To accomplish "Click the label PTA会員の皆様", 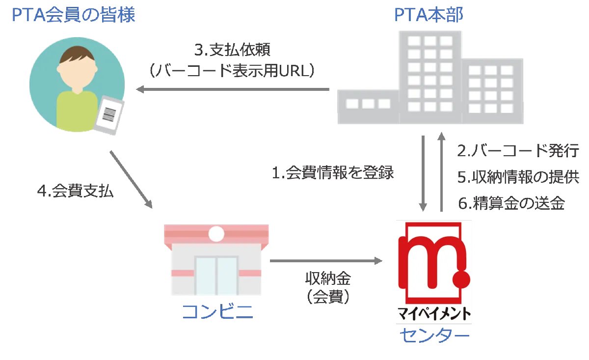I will pyautogui.click(x=74, y=17).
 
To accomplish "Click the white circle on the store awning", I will pyautogui.click(x=216, y=234).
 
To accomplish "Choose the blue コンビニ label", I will pyautogui.click(x=217, y=313).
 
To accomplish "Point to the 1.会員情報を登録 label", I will pyautogui.click(x=334, y=174).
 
